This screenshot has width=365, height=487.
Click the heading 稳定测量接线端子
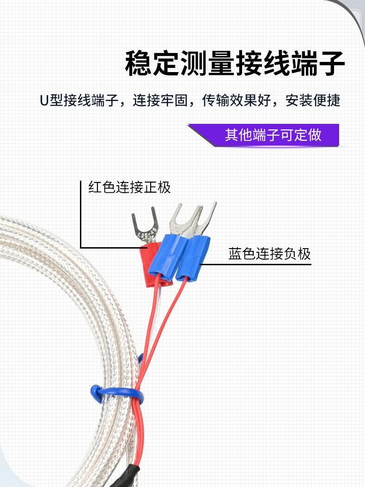tap(235, 64)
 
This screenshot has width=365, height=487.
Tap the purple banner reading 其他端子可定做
tap(273, 135)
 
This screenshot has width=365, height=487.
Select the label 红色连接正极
tap(129, 187)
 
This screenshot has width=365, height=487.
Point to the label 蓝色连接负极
tap(269, 254)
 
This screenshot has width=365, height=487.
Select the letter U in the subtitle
tap(43, 101)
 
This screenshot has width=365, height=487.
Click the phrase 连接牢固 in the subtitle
tap(160, 101)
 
